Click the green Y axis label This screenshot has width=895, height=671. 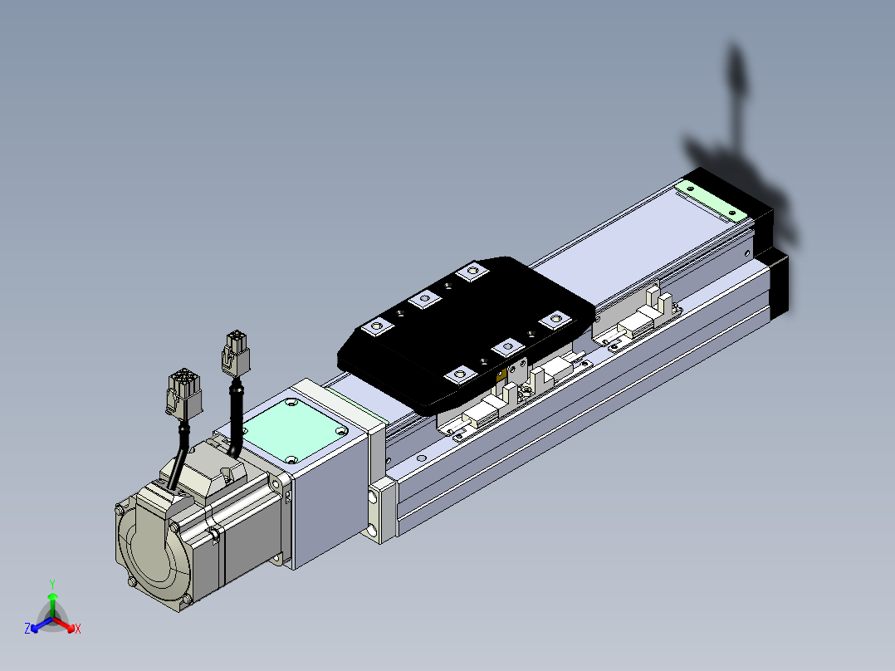(x=52, y=584)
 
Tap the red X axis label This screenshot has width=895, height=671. (x=78, y=629)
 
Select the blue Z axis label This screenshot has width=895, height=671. (x=27, y=628)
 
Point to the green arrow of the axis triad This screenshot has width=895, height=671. (x=52, y=605)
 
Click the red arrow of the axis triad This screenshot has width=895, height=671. (x=64, y=624)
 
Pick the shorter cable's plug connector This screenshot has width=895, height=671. (x=183, y=393)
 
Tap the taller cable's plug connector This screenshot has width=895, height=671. (x=236, y=353)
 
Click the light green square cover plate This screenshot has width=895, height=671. (x=295, y=429)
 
